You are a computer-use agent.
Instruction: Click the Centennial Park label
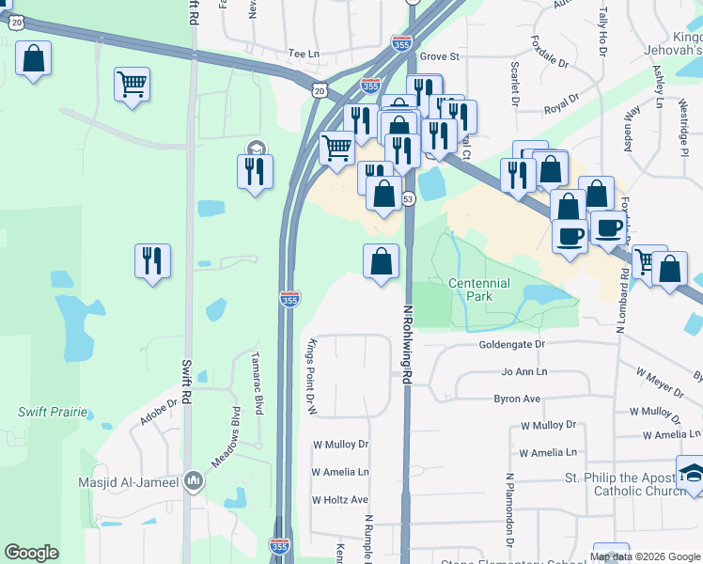pos(478,290)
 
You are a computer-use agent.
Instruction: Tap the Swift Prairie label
pos(53,412)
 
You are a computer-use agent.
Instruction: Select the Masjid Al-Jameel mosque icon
pos(194,481)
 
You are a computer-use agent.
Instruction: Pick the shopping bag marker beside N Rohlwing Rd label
pos(381,261)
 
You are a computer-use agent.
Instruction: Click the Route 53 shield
pos(408,198)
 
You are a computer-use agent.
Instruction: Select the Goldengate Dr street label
pos(512,345)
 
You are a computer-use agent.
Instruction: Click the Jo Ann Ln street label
pos(523,371)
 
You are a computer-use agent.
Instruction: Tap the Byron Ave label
pos(518,399)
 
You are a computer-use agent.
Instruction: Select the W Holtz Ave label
pos(340,499)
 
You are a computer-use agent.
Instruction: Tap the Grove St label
pos(439,56)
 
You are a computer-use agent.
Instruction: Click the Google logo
pos(31,553)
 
